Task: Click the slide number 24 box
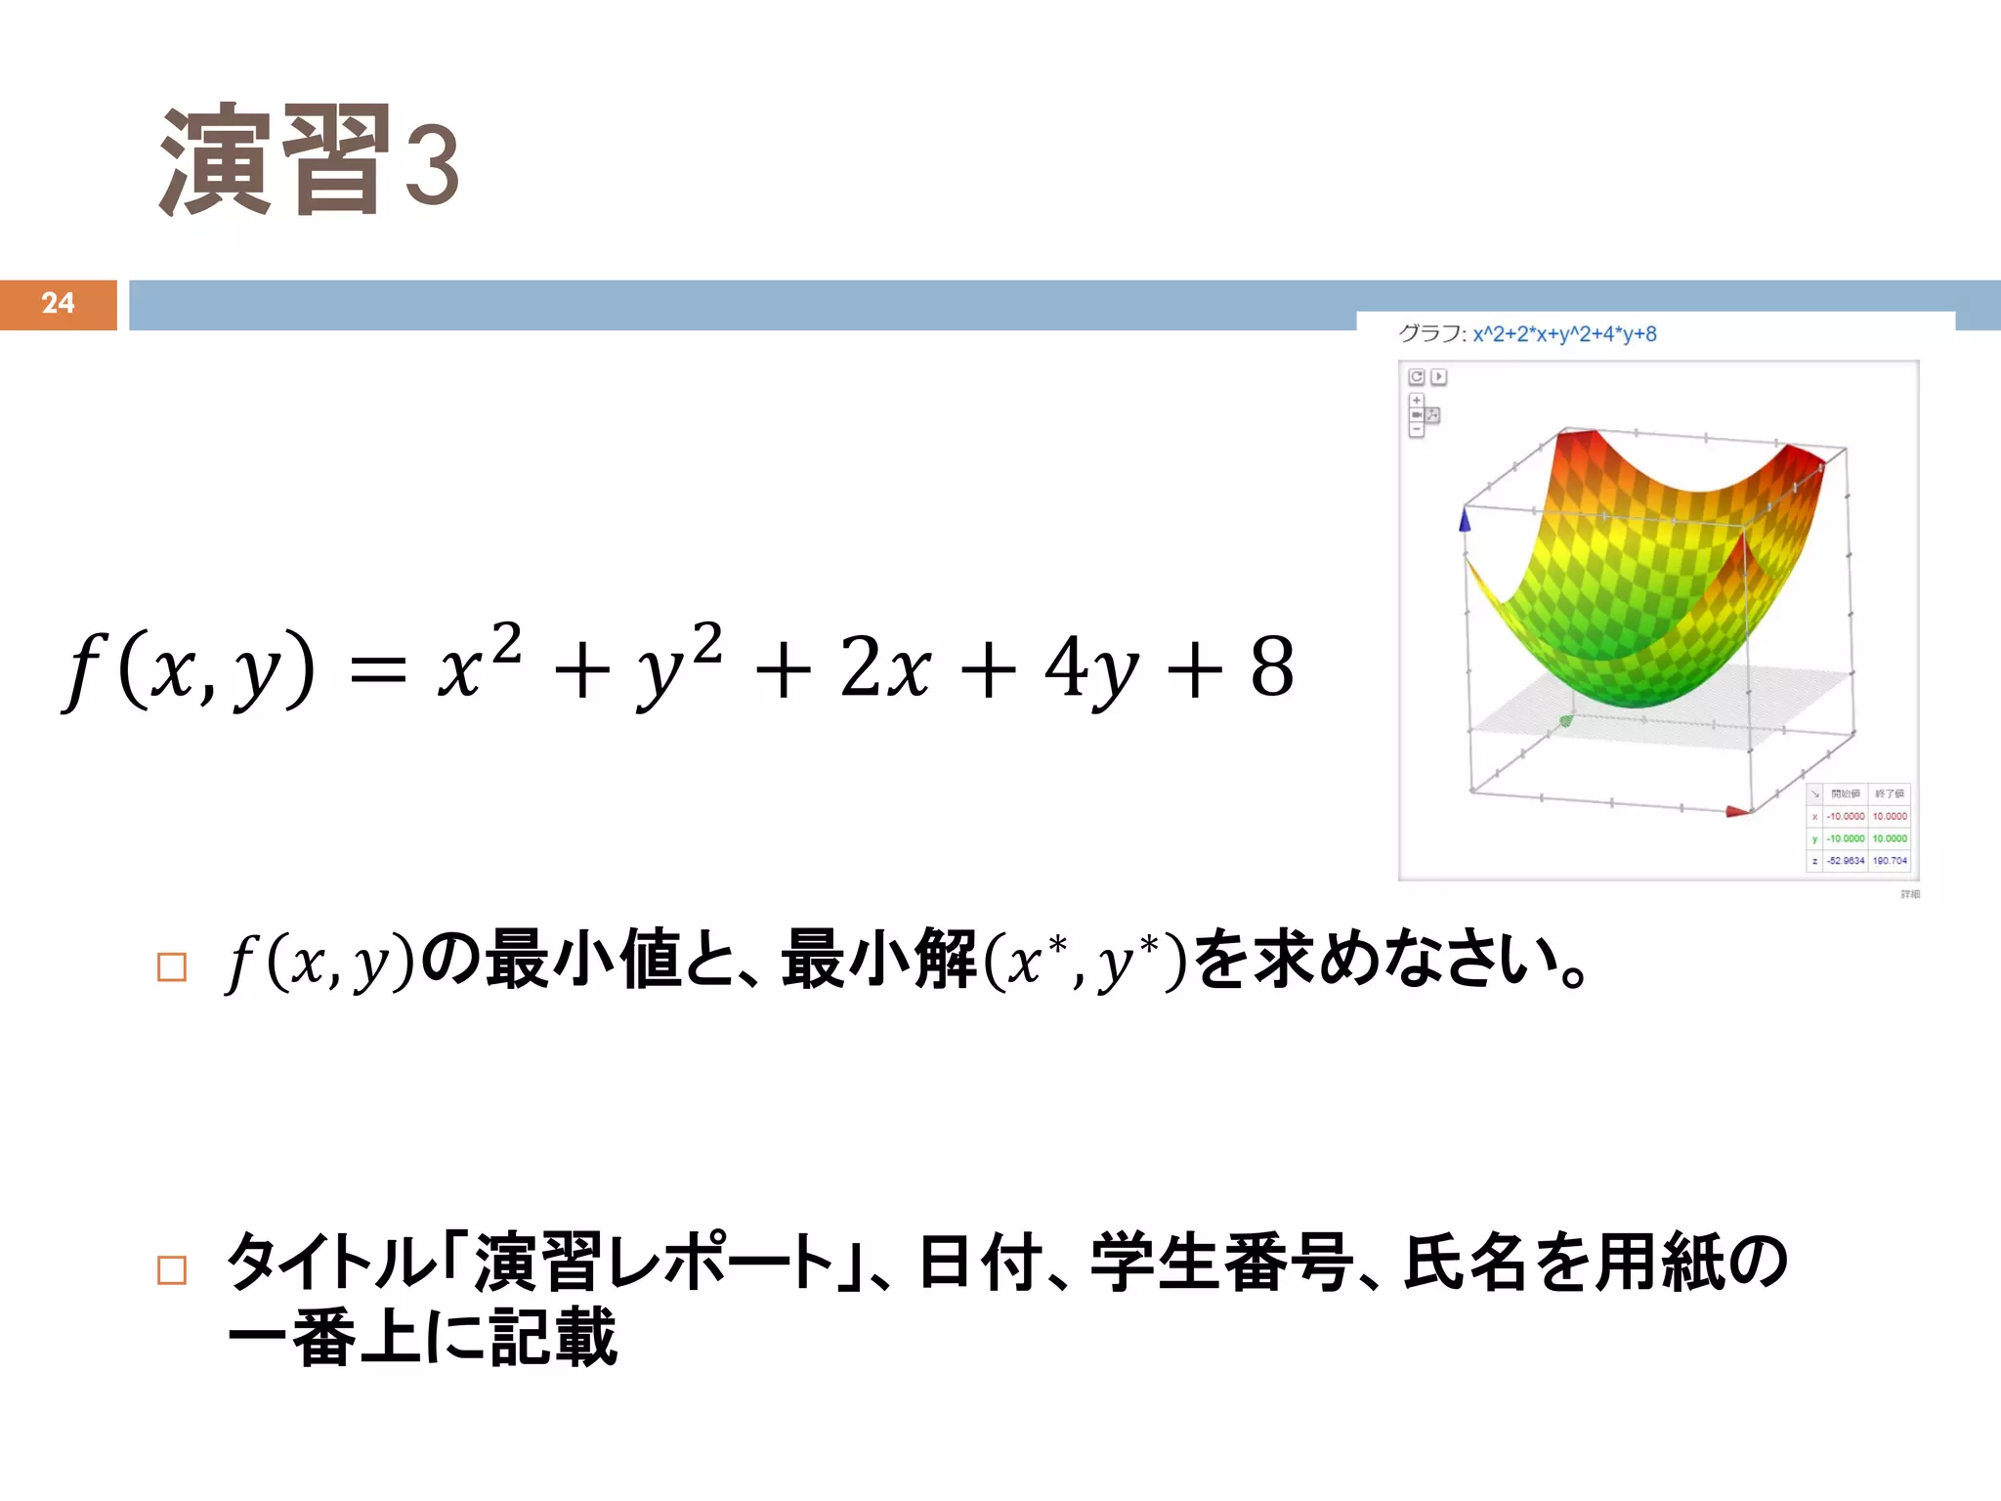pos(58,304)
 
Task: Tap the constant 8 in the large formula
pos(1272,668)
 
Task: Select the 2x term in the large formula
pos(885,668)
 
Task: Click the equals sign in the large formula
pos(377,672)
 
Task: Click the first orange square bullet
pos(172,966)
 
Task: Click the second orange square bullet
pos(172,1269)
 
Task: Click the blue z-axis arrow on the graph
pos(1464,519)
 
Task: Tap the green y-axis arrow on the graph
pos(1565,721)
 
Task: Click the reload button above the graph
pos(1416,376)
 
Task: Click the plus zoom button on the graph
pos(1416,401)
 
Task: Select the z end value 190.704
pos(1890,861)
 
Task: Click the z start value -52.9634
pos(1846,861)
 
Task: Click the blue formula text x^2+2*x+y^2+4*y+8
pos(1564,334)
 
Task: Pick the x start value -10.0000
pos(1846,816)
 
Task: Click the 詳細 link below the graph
pos(1909,894)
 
